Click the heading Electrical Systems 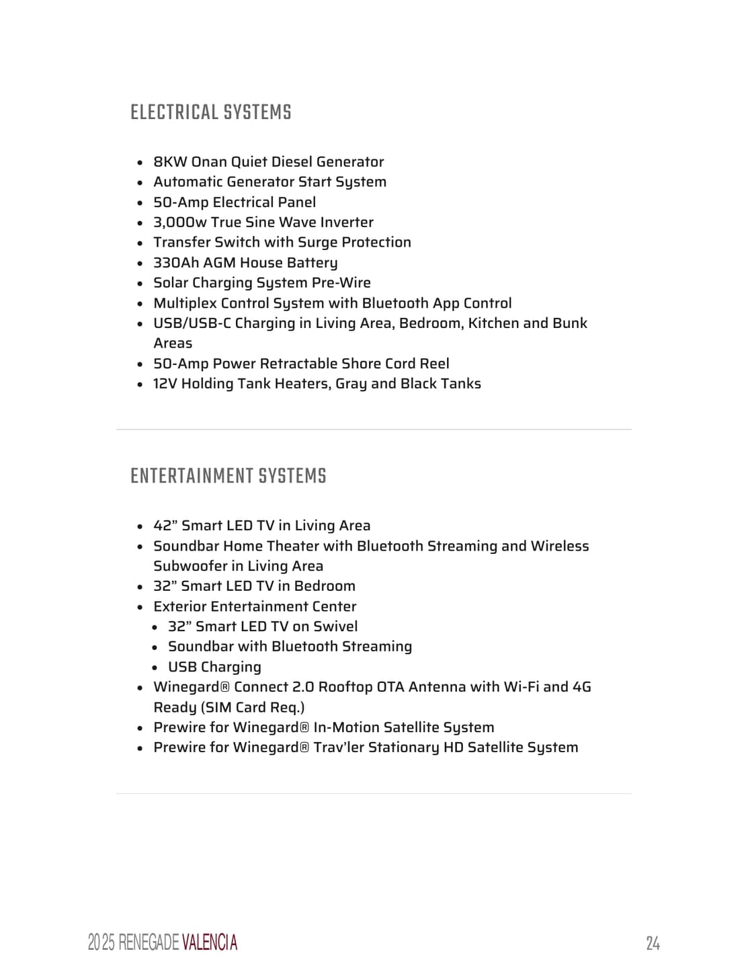point(211,112)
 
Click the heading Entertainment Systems point(228,476)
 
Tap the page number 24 point(653,943)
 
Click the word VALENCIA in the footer point(209,942)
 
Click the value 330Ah point(176,263)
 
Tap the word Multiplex point(185,303)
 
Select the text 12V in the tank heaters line point(165,384)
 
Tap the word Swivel point(335,627)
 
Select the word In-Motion point(349,727)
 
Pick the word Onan point(209,162)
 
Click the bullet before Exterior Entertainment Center point(140,607)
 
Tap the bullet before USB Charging point(155,668)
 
